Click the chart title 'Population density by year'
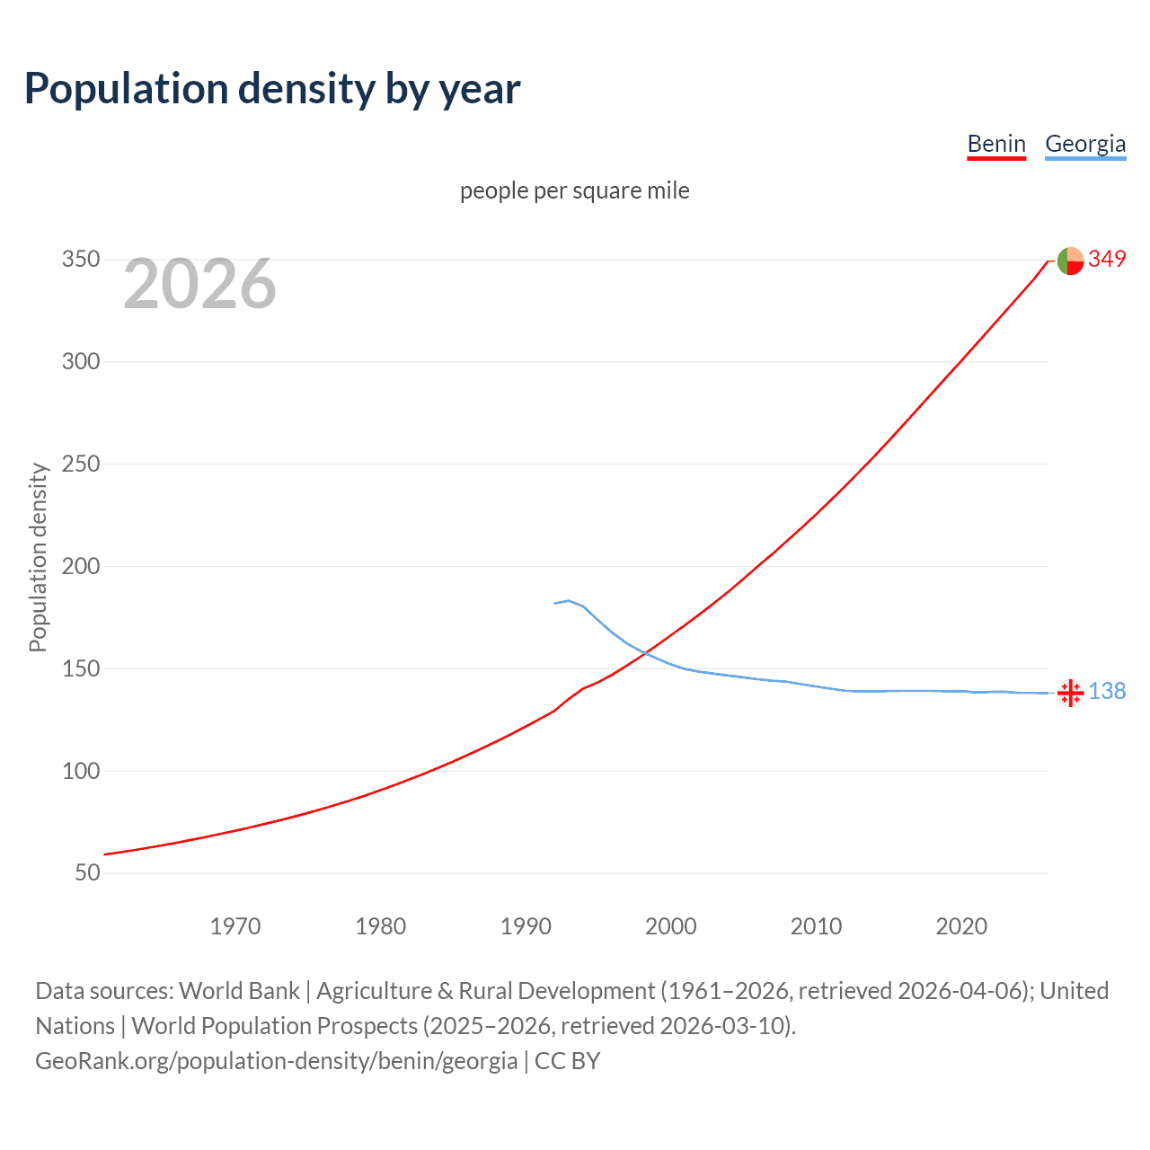272,89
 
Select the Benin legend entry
995,144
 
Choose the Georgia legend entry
1084,144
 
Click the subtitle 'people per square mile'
574,190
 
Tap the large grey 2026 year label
199,284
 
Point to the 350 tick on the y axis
80,260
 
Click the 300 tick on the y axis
80,362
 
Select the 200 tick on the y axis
80,567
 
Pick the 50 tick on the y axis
86,873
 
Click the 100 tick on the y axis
80,771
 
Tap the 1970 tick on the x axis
235,926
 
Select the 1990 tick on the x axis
526,926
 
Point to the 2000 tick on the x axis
671,926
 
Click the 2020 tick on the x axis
961,926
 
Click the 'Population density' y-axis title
38,557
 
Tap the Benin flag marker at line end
1070,261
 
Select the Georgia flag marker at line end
1070,693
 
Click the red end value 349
1107,260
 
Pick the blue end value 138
1107,692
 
